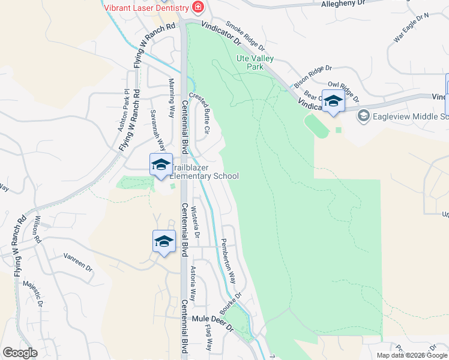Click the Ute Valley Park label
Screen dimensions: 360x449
click(255, 62)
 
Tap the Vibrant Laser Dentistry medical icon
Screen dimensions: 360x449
click(198, 8)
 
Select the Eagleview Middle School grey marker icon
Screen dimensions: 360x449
click(363, 115)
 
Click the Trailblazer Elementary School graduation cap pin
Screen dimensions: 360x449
click(161, 165)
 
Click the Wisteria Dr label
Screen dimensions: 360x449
click(195, 220)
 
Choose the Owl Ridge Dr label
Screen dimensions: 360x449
click(343, 92)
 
